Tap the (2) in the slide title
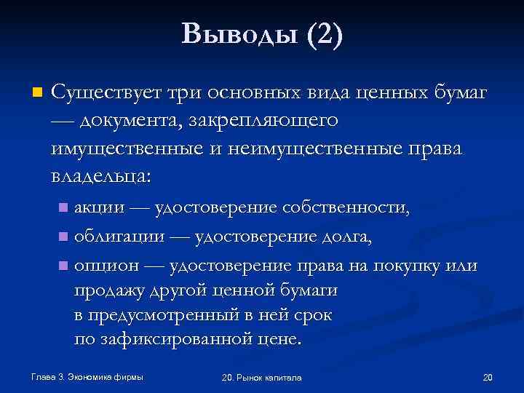(323, 34)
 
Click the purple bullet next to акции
(63, 210)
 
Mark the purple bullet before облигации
(63, 237)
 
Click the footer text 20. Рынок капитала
(263, 378)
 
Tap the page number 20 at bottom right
(488, 377)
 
